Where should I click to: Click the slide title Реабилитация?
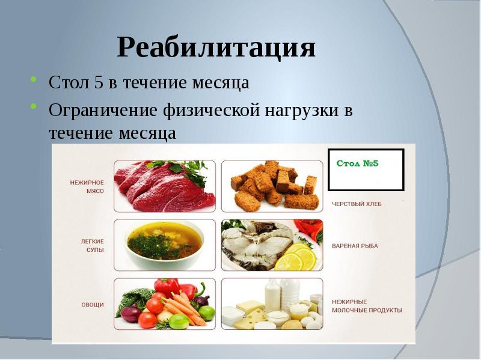click(216, 47)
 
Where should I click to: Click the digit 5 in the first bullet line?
click(99, 82)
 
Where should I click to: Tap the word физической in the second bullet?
click(212, 111)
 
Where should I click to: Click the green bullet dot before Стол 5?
click(34, 79)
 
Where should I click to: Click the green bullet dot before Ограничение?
click(34, 106)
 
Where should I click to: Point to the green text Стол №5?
click(357, 163)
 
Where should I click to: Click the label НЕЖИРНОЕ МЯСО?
click(87, 187)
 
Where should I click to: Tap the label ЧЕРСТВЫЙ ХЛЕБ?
click(357, 204)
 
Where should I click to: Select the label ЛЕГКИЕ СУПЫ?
click(93, 246)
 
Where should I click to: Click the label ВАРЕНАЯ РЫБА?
click(355, 246)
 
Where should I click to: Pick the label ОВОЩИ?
click(93, 305)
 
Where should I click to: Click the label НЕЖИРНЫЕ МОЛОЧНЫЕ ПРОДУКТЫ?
click(367, 306)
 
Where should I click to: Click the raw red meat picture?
click(165, 186)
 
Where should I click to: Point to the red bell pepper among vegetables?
click(167, 287)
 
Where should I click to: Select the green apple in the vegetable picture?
click(179, 321)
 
